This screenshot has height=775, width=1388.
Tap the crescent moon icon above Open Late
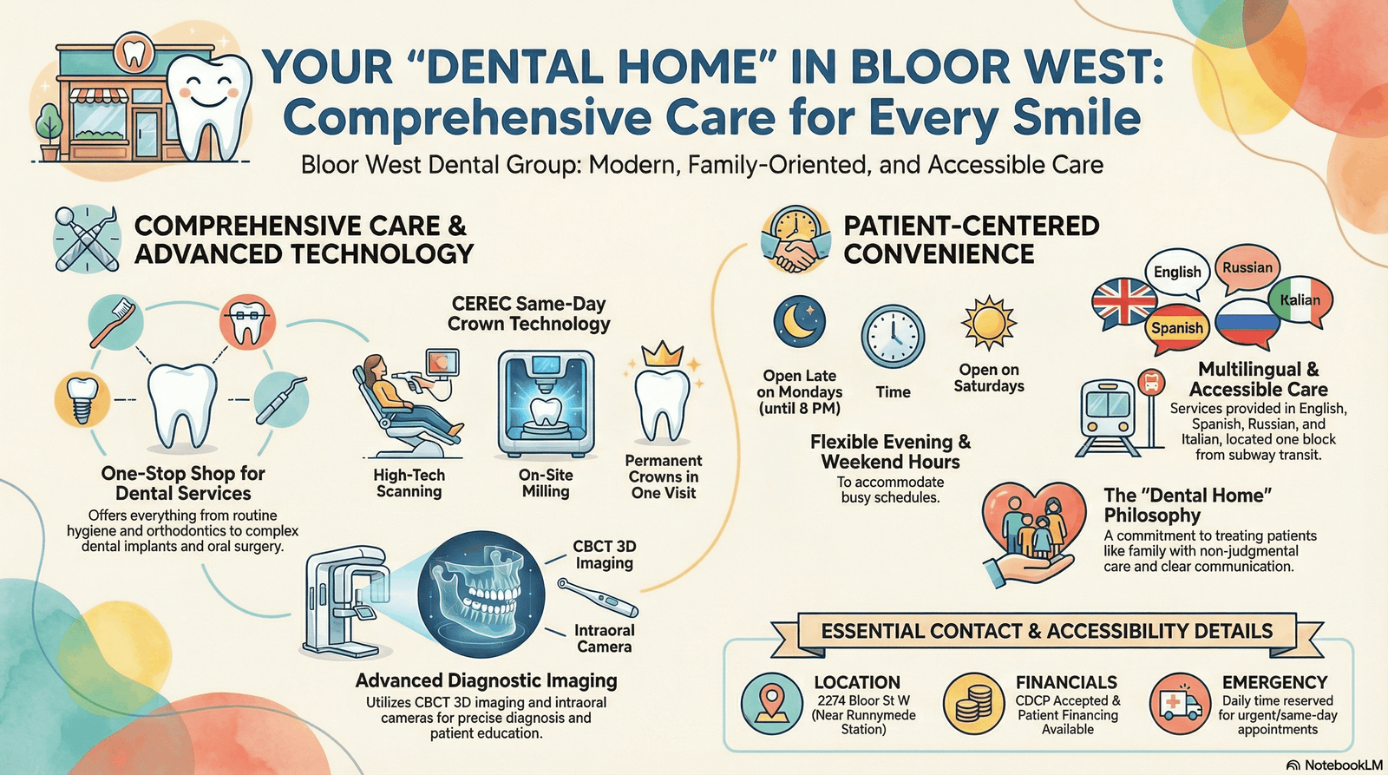[x=799, y=320]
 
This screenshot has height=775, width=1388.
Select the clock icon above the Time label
[x=893, y=337]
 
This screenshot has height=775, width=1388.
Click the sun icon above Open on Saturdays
[x=988, y=323]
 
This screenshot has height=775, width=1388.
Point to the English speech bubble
[x=1177, y=272]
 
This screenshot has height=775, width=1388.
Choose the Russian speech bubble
[x=1247, y=268]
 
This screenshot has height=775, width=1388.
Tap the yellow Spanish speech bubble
[x=1177, y=328]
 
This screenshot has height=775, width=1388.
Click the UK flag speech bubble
[x=1123, y=301]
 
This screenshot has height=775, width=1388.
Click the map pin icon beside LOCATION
[x=772, y=703]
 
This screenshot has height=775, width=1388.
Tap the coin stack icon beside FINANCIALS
[x=974, y=703]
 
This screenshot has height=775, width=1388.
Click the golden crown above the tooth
[x=663, y=354]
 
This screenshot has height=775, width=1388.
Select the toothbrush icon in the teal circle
[x=116, y=320]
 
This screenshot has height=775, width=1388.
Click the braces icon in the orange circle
[x=247, y=322]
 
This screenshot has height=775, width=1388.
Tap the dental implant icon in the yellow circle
[x=82, y=399]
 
